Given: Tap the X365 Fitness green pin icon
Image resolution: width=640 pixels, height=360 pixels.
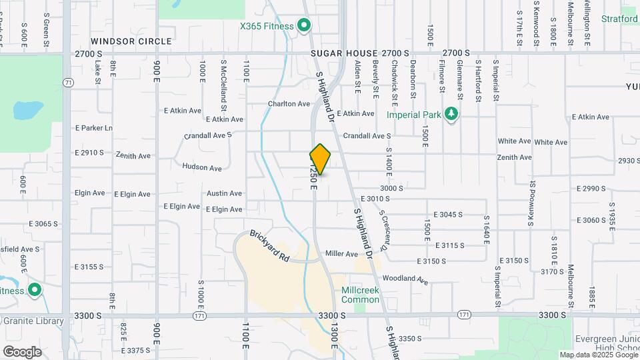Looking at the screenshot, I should coord(304,26).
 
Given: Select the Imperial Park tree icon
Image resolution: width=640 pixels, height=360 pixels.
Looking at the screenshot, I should coord(452,114).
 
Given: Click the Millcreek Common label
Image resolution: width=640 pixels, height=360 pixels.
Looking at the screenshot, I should coord(360,295).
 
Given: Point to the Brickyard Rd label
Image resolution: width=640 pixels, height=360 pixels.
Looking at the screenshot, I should coord(269,245).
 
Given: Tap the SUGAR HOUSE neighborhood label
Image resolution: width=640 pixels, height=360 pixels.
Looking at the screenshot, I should coord(344,53).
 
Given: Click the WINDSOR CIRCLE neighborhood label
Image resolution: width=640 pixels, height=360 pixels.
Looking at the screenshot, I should coord(131,41).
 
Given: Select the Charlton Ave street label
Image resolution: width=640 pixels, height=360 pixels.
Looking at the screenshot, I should coord(289,104).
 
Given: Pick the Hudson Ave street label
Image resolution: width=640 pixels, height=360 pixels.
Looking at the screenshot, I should coord(201,168).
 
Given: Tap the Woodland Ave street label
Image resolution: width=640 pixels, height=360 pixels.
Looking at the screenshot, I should coord(405,279).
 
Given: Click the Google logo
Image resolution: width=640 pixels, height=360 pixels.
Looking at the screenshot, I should coord(22,351).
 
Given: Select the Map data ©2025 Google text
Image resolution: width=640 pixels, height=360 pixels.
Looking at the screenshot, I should coord(598,355).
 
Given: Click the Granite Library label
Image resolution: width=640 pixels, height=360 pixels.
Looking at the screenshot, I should coord(33,321).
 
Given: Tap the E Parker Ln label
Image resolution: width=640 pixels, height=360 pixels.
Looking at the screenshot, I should coord(94,127).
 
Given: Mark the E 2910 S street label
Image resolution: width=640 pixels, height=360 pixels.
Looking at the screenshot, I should coord(89,153).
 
